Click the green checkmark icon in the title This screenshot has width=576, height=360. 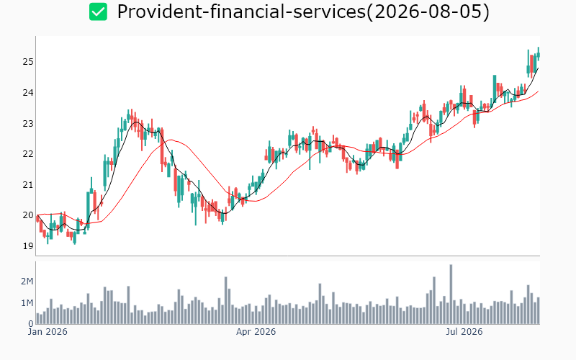pos(98,12)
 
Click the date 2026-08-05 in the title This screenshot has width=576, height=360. pos(428,12)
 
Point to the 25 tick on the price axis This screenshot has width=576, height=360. pos(28,62)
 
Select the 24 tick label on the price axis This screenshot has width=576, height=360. pos(28,93)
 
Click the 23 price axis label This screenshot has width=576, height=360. pos(28,123)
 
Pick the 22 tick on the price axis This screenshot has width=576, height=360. pos(28,154)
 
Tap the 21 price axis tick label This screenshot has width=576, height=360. pos(28,185)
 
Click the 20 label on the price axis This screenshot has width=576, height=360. pos(28,215)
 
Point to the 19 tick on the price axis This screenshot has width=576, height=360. pos(28,246)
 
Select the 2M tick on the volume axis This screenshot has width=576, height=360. pos(27,282)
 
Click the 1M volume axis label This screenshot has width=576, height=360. pos(27,303)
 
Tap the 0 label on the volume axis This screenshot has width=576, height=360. pos(31,323)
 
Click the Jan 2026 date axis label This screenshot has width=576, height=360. pos(48,332)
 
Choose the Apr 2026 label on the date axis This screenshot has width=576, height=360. pos(256,332)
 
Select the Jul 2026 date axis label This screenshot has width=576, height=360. pos(464,332)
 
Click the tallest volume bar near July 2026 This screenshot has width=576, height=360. pos(451,294)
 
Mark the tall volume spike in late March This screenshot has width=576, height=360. pos(226,300)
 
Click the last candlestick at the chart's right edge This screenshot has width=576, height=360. pos(539,55)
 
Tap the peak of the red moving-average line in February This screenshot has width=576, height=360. pos(170,140)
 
